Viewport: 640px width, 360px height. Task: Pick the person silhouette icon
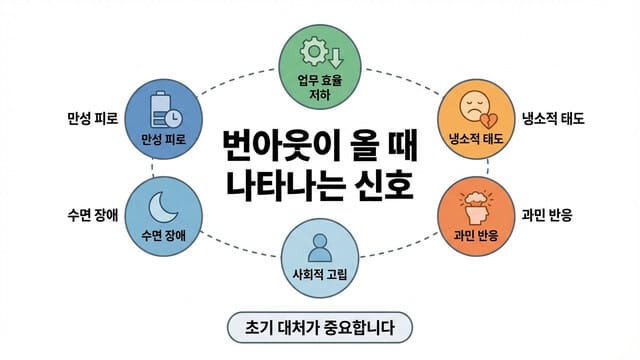(x=319, y=246)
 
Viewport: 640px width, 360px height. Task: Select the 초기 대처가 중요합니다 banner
(x=319, y=328)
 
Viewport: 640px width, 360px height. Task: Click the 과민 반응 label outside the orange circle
(x=547, y=214)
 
